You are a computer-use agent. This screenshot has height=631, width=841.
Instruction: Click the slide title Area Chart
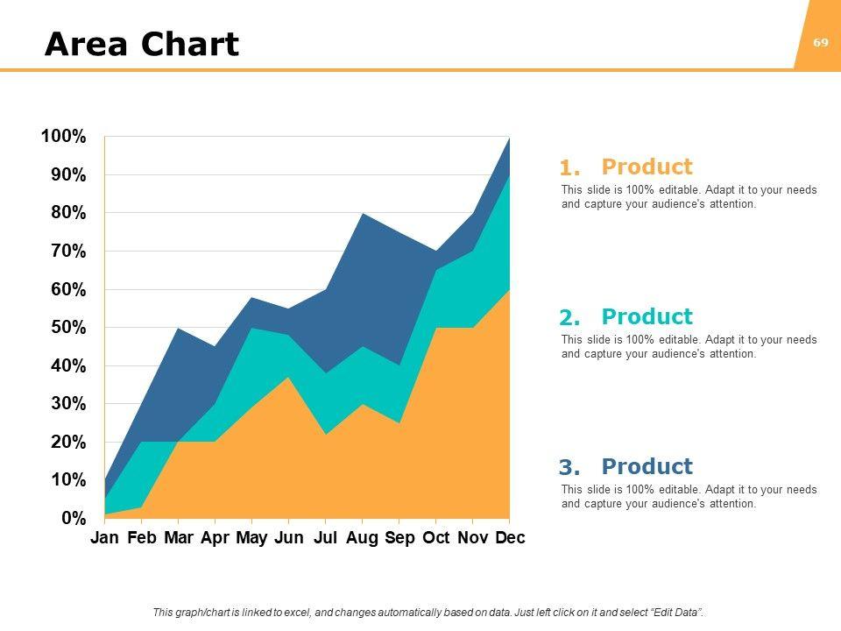141,44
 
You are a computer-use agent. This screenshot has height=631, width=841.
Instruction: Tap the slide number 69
821,42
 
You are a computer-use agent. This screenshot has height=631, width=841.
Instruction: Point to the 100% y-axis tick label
63,137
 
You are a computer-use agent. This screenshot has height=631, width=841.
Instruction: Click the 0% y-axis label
74,518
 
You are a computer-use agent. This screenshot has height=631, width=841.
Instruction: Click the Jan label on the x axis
104,538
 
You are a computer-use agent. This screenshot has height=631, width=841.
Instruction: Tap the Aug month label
362,538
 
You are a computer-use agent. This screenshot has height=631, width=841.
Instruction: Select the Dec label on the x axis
510,538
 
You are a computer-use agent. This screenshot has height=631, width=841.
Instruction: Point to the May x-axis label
251,538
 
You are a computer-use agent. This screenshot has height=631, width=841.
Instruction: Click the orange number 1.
569,168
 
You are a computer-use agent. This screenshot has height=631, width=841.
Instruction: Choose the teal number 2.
569,318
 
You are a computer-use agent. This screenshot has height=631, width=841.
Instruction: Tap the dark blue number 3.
569,468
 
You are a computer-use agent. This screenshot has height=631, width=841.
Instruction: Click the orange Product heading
647,167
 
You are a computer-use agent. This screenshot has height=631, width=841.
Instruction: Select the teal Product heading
647,317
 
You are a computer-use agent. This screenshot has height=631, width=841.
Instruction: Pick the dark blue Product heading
647,467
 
